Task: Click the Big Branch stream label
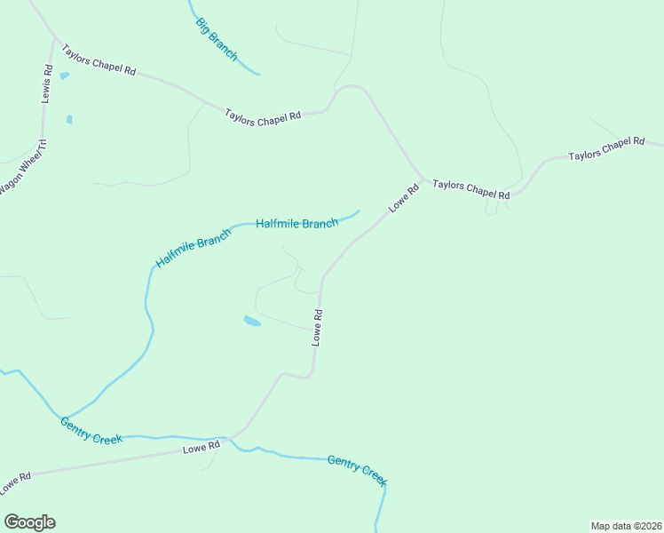(217, 40)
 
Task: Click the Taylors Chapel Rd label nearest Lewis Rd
(98, 57)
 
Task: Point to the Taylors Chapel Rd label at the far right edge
(606, 148)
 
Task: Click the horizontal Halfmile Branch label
(296, 224)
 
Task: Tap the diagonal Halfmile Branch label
(193, 249)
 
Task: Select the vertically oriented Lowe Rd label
(317, 327)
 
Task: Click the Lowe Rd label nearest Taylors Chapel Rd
(403, 198)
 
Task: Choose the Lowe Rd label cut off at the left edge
(15, 483)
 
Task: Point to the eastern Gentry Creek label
(357, 470)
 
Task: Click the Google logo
(29, 522)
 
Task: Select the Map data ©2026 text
(626, 525)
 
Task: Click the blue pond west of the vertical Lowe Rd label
(252, 321)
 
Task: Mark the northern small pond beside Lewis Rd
(64, 76)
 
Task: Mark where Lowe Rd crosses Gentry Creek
(232, 438)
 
